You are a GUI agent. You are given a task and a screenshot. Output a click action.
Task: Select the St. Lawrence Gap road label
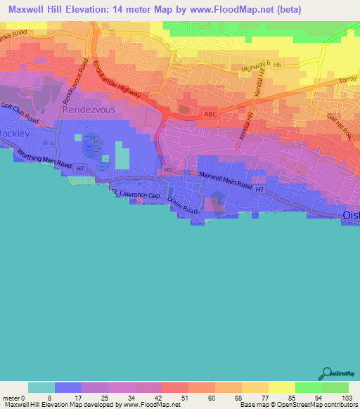click(139, 193)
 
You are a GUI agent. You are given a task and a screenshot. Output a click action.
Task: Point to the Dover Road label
click(185, 200)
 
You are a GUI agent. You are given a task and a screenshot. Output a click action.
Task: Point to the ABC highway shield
click(209, 113)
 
